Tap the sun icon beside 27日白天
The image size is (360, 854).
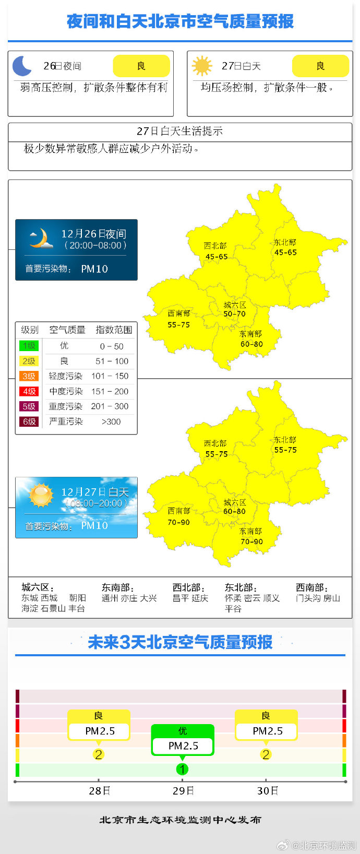pos(202,66)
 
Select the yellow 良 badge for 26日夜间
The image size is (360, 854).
pos(141,66)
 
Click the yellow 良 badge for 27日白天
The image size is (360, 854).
pos(320,66)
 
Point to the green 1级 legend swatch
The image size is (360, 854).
pos(29,346)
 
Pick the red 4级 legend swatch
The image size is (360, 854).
pos(29,391)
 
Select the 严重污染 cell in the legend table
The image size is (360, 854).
pos(66,422)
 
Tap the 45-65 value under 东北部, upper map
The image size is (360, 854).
pos(285,252)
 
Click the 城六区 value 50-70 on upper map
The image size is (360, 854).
pos(234,314)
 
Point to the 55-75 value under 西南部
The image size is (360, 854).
pos(178,324)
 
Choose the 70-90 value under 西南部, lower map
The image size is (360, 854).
pos(178,522)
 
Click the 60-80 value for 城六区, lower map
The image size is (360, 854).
pos(234,512)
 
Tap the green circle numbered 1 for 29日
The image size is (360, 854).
pos(182,769)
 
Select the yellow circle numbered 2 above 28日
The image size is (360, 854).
pos(98,754)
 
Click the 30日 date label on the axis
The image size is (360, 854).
pos(267,791)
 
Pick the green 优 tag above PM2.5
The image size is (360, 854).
pos(183,731)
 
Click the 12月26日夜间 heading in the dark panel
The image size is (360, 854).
pos(93,234)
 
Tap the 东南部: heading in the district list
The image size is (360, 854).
pos(117,587)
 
